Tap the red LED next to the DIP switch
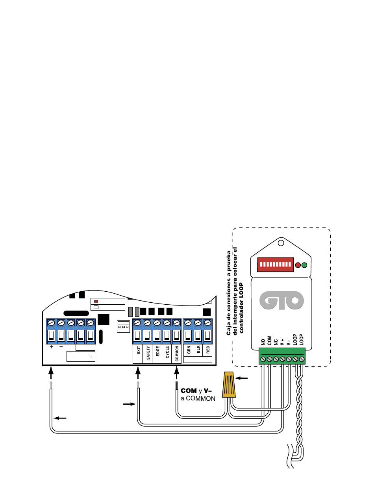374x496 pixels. pos(298,265)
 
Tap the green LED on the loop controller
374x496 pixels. pos(304,265)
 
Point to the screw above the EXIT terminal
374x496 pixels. pos(137,323)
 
